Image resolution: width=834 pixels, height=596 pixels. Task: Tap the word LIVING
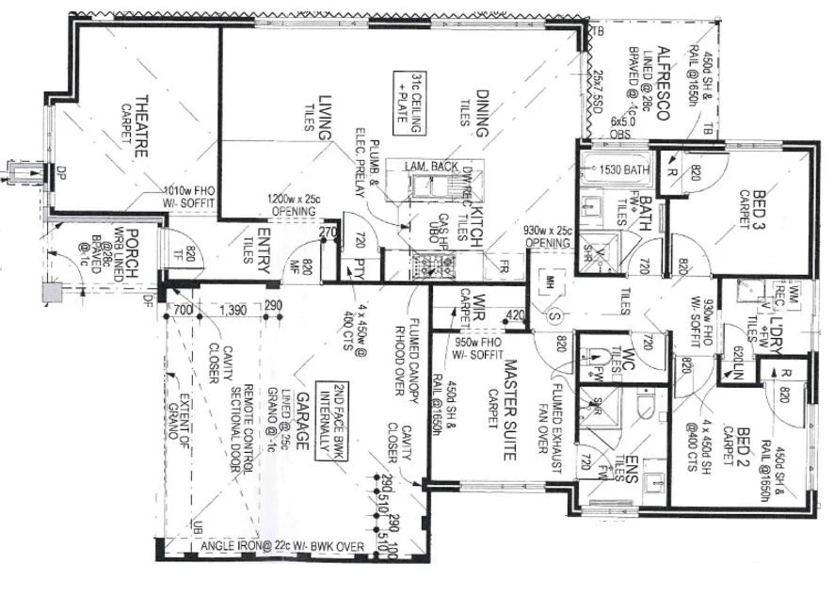pyautogui.click(x=326, y=119)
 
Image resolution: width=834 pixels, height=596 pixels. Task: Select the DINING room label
pyautogui.click(x=482, y=113)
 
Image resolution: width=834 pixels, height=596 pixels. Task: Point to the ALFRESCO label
pyautogui.click(x=663, y=82)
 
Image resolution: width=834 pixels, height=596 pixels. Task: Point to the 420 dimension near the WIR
pyautogui.click(x=513, y=314)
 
